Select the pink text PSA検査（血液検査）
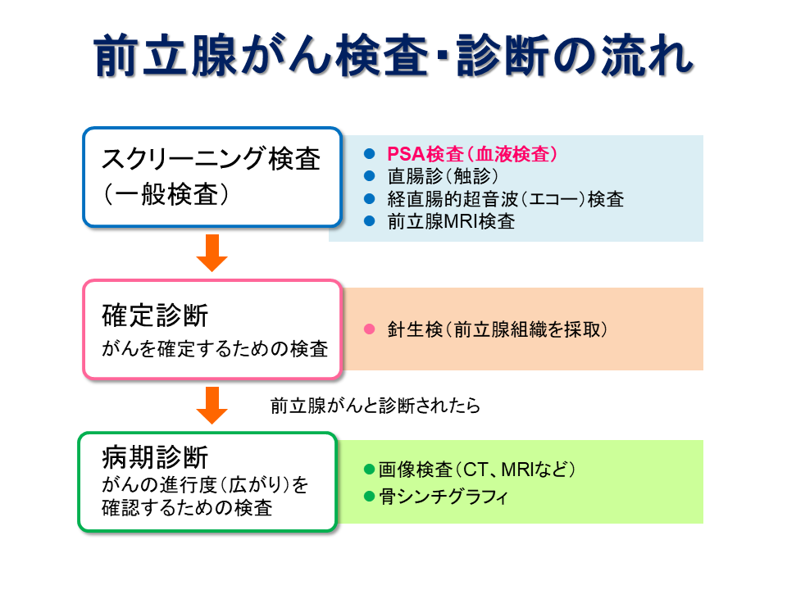click(472, 154)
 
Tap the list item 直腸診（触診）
click(443, 176)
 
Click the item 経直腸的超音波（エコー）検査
click(506, 199)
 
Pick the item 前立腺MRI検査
click(451, 221)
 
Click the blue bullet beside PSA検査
click(370, 153)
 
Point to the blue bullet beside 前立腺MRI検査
click(370, 220)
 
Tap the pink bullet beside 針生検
click(370, 329)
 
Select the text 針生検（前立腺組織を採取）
click(498, 329)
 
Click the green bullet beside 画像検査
click(370, 470)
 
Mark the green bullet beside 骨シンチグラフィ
click(370, 497)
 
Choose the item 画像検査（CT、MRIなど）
click(477, 470)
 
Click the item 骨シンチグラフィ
click(444, 497)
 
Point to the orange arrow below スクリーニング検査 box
click(212, 253)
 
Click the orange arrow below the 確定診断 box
click(212, 406)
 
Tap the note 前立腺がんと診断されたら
click(375, 406)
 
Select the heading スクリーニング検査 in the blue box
click(211, 159)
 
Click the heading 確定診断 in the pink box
click(155, 315)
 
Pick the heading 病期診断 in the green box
click(155, 457)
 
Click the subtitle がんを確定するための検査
click(215, 349)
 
